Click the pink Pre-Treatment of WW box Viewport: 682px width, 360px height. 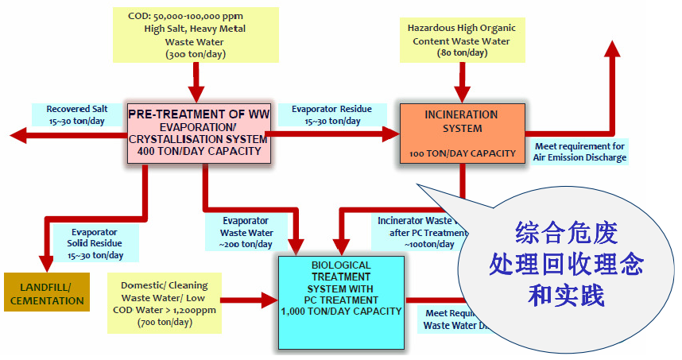199,134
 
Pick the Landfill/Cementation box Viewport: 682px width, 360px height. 47,294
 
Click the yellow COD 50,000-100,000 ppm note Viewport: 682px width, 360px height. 195,35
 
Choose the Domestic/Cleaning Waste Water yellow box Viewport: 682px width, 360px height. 165,303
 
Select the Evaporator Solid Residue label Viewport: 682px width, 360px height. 98,243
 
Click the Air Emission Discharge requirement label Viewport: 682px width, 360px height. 579,152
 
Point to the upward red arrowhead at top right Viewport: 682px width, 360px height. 612,48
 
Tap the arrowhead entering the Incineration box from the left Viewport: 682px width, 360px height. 390,134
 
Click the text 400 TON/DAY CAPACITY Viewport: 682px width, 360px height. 199,151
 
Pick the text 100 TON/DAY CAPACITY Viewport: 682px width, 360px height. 462,153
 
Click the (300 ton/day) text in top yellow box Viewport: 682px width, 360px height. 195,55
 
